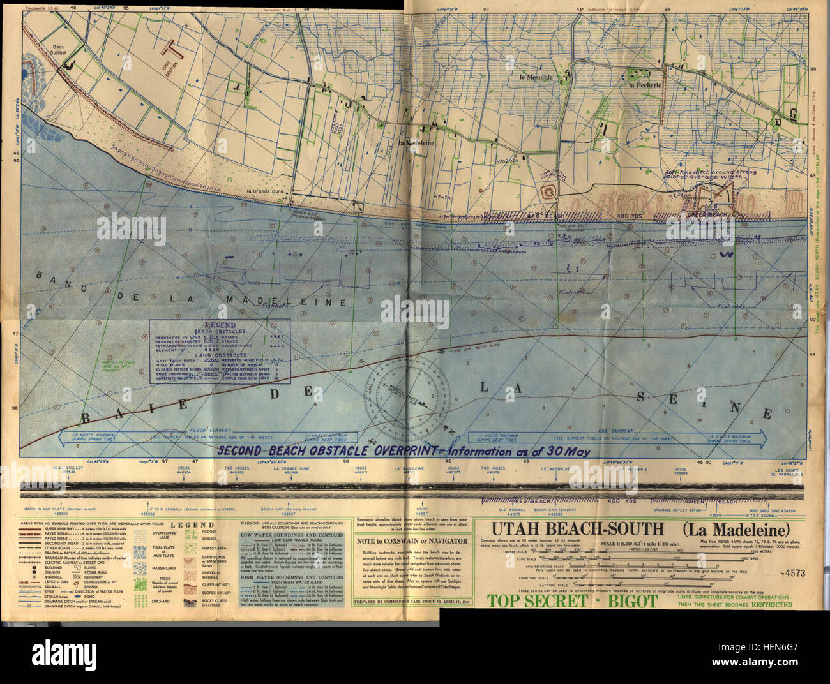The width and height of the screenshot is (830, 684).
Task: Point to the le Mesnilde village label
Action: click(535, 78)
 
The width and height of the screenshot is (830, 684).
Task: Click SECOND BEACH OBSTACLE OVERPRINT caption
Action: click(402, 450)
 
